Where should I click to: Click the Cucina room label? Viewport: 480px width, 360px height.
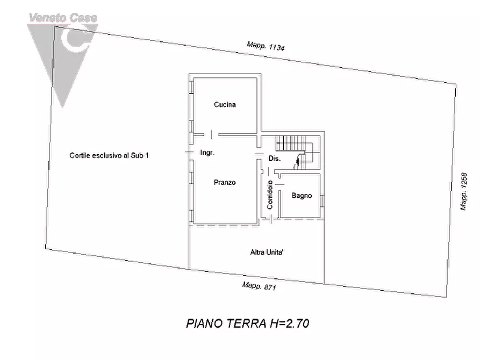pos(225,105)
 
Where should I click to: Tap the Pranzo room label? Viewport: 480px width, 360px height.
pos(225,183)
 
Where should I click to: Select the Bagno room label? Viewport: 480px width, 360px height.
pos(302,196)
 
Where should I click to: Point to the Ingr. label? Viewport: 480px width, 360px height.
pos(207,153)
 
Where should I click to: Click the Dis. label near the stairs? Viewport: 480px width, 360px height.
pos(274,159)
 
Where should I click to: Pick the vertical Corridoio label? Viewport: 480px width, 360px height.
pos(270,195)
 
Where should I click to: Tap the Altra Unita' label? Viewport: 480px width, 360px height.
pos(267,252)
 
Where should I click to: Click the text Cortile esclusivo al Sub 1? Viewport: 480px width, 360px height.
pos(109,155)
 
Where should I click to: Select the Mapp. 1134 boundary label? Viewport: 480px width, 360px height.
pos(266,46)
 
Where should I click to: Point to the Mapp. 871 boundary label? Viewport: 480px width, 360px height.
pos(259,286)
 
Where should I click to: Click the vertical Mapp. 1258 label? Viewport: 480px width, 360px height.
pos(464,192)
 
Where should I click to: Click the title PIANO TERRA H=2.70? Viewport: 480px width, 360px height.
pos(248,323)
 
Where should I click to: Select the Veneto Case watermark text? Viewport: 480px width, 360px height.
pos(63,18)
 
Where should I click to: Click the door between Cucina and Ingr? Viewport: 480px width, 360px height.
pos(211,134)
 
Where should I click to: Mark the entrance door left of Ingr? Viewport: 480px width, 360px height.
pos(190,152)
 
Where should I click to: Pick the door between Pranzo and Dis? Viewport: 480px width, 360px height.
pos(259,154)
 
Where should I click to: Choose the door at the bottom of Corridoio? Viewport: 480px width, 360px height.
pos(271,219)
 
